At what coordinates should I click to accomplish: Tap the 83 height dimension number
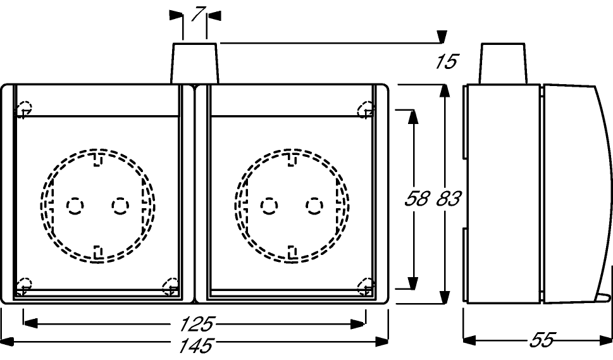pyautogui.click(x=449, y=199)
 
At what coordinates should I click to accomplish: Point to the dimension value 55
pyautogui.click(x=543, y=340)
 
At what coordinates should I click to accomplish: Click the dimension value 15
pyautogui.click(x=446, y=61)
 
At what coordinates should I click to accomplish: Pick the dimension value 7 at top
pyautogui.click(x=198, y=14)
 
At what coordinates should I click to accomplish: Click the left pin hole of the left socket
pyautogui.click(x=75, y=206)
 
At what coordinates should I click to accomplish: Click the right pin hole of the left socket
pyautogui.click(x=120, y=206)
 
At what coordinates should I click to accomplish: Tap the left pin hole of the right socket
pyautogui.click(x=269, y=206)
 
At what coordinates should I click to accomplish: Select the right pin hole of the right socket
pyautogui.click(x=314, y=206)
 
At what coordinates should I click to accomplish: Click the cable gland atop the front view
pyautogui.click(x=194, y=63)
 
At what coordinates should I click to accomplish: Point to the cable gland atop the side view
pyautogui.click(x=503, y=63)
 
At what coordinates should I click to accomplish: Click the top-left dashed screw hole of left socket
pyautogui.click(x=24, y=108)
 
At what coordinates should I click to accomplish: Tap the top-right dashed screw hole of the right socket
pyautogui.click(x=366, y=108)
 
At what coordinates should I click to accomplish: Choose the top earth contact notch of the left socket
pyautogui.click(x=97, y=160)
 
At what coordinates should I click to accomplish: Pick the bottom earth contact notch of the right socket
pyautogui.click(x=292, y=252)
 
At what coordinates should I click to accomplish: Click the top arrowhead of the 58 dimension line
pyautogui.click(x=412, y=117)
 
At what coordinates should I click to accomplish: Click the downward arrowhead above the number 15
pyautogui.click(x=442, y=37)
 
